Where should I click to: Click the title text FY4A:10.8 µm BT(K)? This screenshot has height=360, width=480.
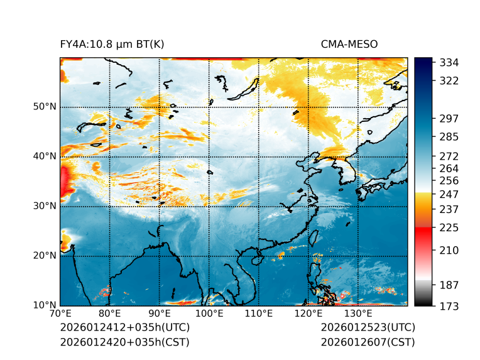[x=112, y=44]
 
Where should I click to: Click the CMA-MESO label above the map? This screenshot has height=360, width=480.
[x=349, y=44]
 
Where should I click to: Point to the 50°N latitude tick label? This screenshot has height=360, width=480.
[x=45, y=107]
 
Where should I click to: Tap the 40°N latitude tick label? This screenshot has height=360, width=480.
[x=45, y=156]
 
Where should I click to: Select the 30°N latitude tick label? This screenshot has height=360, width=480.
[x=45, y=206]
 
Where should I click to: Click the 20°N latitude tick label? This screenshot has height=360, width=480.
[x=45, y=256]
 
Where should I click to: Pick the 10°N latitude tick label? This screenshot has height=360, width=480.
[x=45, y=305]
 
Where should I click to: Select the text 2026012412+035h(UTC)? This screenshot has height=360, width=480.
[x=124, y=328]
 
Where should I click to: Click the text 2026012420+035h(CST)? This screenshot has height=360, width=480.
[x=124, y=342]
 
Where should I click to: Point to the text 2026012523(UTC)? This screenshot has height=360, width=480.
[x=368, y=328]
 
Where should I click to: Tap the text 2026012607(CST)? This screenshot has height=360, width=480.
[x=368, y=342]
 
